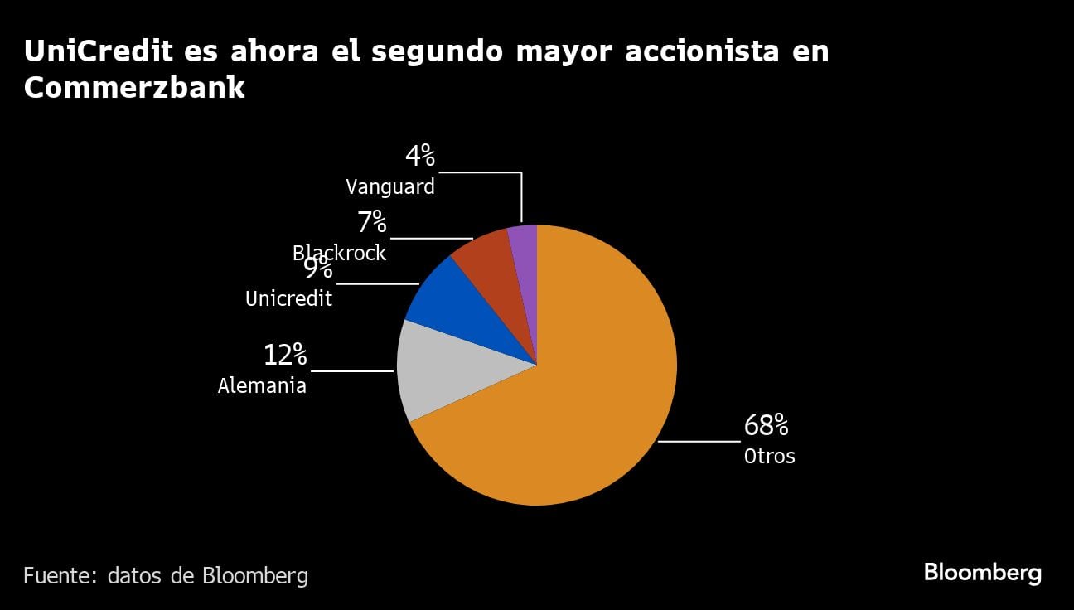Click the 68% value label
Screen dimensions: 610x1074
pyautogui.click(x=766, y=426)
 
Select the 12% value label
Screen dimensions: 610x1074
pyautogui.click(x=285, y=356)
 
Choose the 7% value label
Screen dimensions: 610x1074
pyautogui.click(x=372, y=222)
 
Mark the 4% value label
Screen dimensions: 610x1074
pyautogui.click(x=419, y=156)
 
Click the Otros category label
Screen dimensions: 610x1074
pyautogui.click(x=769, y=456)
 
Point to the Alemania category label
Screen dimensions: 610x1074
pyautogui.click(x=262, y=386)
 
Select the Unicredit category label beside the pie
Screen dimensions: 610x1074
pyautogui.click(x=288, y=298)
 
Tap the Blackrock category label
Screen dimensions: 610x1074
pyautogui.click(x=339, y=253)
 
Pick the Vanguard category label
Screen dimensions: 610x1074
pyautogui.click(x=389, y=187)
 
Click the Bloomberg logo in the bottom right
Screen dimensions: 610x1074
pyautogui.click(x=982, y=573)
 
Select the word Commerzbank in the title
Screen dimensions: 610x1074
pyautogui.click(x=134, y=87)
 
